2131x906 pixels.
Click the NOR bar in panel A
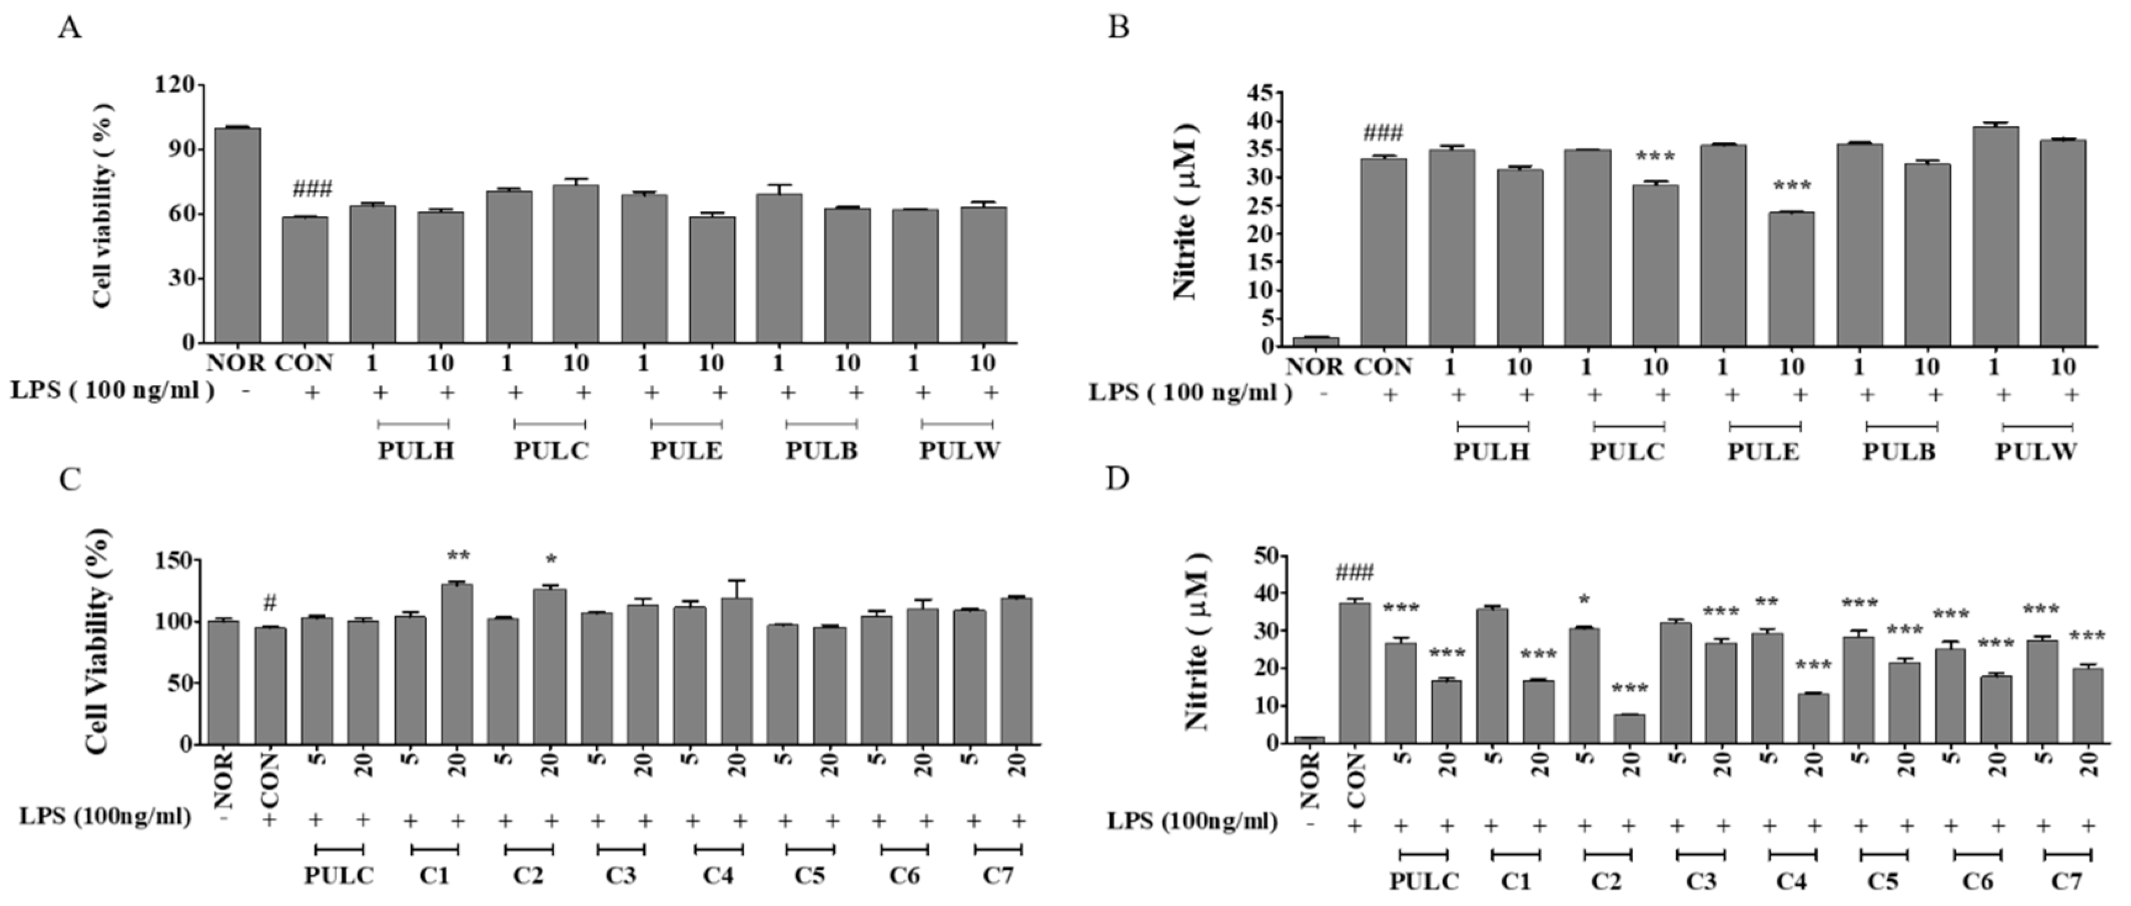237,235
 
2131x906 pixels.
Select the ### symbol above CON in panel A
313,189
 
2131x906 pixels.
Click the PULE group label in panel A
686,451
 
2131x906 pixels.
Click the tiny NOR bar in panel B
1315,341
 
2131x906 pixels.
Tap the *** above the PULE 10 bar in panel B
1791,186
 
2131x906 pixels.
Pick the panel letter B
1118,27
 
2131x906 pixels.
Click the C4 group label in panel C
718,875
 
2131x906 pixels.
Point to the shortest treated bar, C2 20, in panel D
1629,729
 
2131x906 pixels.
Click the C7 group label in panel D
2066,882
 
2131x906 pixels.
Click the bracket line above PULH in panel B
1492,426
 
